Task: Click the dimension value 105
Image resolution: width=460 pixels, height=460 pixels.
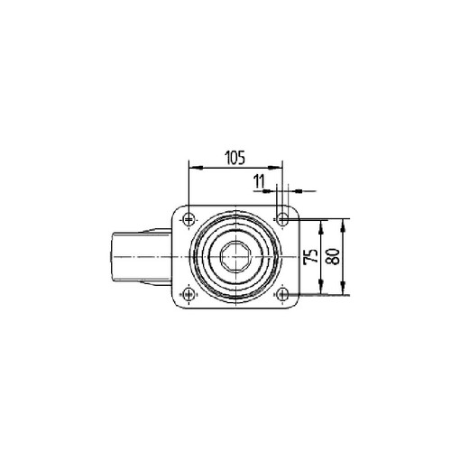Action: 235,158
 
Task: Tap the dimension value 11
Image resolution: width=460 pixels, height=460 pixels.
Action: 259,181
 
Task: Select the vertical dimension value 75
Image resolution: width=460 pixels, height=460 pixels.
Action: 311,256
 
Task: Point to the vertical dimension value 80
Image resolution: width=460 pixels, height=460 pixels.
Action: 333,256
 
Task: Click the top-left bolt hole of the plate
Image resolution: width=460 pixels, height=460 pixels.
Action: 189,219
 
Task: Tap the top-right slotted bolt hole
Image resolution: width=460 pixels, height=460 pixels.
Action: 282,218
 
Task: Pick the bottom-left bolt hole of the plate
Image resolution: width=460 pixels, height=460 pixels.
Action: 189,293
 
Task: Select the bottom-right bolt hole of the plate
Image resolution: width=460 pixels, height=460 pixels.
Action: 282,294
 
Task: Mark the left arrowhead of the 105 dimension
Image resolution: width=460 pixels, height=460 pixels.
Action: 196,168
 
